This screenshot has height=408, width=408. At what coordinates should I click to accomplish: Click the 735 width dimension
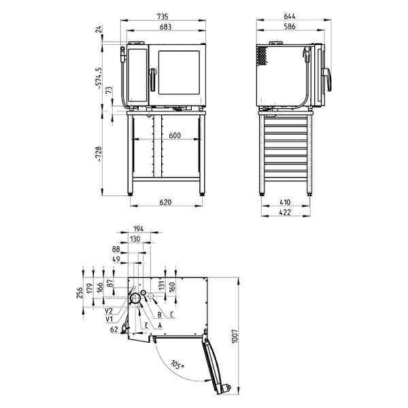163,16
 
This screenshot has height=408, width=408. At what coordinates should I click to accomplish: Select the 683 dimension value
165,27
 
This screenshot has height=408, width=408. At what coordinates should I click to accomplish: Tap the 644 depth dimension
290,16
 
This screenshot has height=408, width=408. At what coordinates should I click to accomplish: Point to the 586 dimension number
290,27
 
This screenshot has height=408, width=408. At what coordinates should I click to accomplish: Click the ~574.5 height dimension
99,79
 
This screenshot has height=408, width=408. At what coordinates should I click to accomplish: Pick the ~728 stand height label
99,154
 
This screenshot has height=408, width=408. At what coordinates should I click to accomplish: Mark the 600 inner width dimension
175,135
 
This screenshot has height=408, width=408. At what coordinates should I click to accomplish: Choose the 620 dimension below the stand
165,202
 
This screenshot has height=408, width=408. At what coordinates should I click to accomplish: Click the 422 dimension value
285,212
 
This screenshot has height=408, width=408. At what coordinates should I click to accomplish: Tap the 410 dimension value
285,202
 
